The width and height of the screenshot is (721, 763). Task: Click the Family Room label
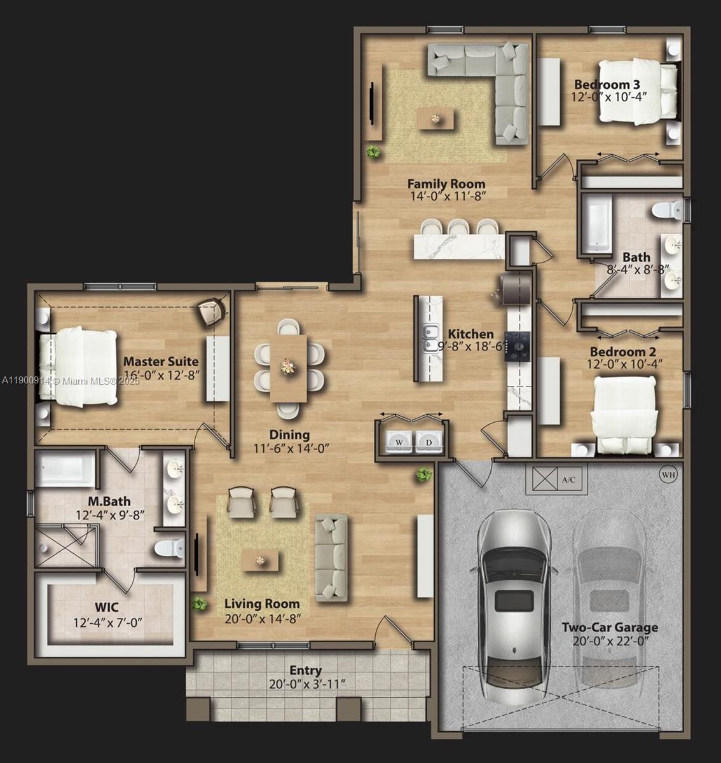(446, 184)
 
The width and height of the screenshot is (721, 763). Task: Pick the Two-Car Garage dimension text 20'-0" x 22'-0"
(610, 641)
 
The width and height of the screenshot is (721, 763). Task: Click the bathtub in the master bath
(65, 470)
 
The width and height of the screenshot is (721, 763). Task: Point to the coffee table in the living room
(259, 561)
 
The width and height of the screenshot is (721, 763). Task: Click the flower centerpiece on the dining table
(289, 366)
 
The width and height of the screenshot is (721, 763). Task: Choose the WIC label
(107, 608)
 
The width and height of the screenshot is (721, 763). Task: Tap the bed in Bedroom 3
(638, 91)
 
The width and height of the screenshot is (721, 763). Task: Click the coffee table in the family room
(436, 119)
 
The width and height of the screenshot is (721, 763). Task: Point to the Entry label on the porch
(306, 670)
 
